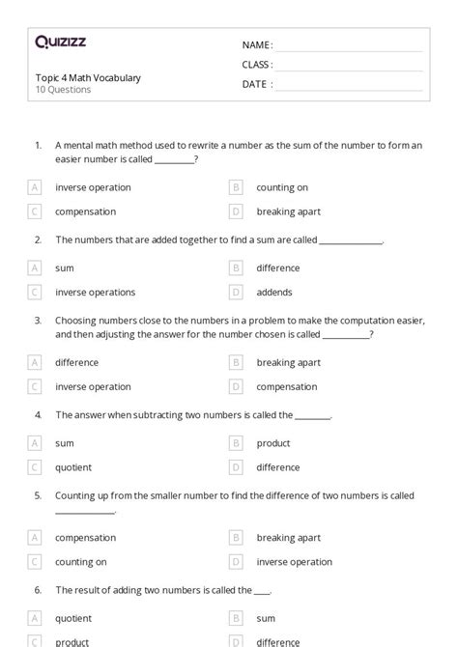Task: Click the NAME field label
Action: click(257, 45)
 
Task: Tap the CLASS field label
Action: click(257, 65)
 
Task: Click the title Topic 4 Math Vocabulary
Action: click(88, 78)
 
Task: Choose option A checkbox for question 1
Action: click(36, 187)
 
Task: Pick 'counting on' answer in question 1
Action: click(282, 187)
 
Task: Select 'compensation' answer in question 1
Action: click(85, 211)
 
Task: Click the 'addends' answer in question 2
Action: click(274, 292)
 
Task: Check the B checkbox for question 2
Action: click(236, 267)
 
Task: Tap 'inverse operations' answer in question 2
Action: click(95, 292)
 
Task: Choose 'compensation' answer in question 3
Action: click(286, 387)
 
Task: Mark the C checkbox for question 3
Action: click(36, 387)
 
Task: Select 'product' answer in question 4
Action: click(273, 443)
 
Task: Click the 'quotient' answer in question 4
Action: click(73, 467)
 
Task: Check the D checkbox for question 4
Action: click(236, 467)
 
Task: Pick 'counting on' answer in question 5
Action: click(81, 562)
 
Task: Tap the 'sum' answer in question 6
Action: click(266, 618)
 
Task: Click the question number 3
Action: click(38, 321)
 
